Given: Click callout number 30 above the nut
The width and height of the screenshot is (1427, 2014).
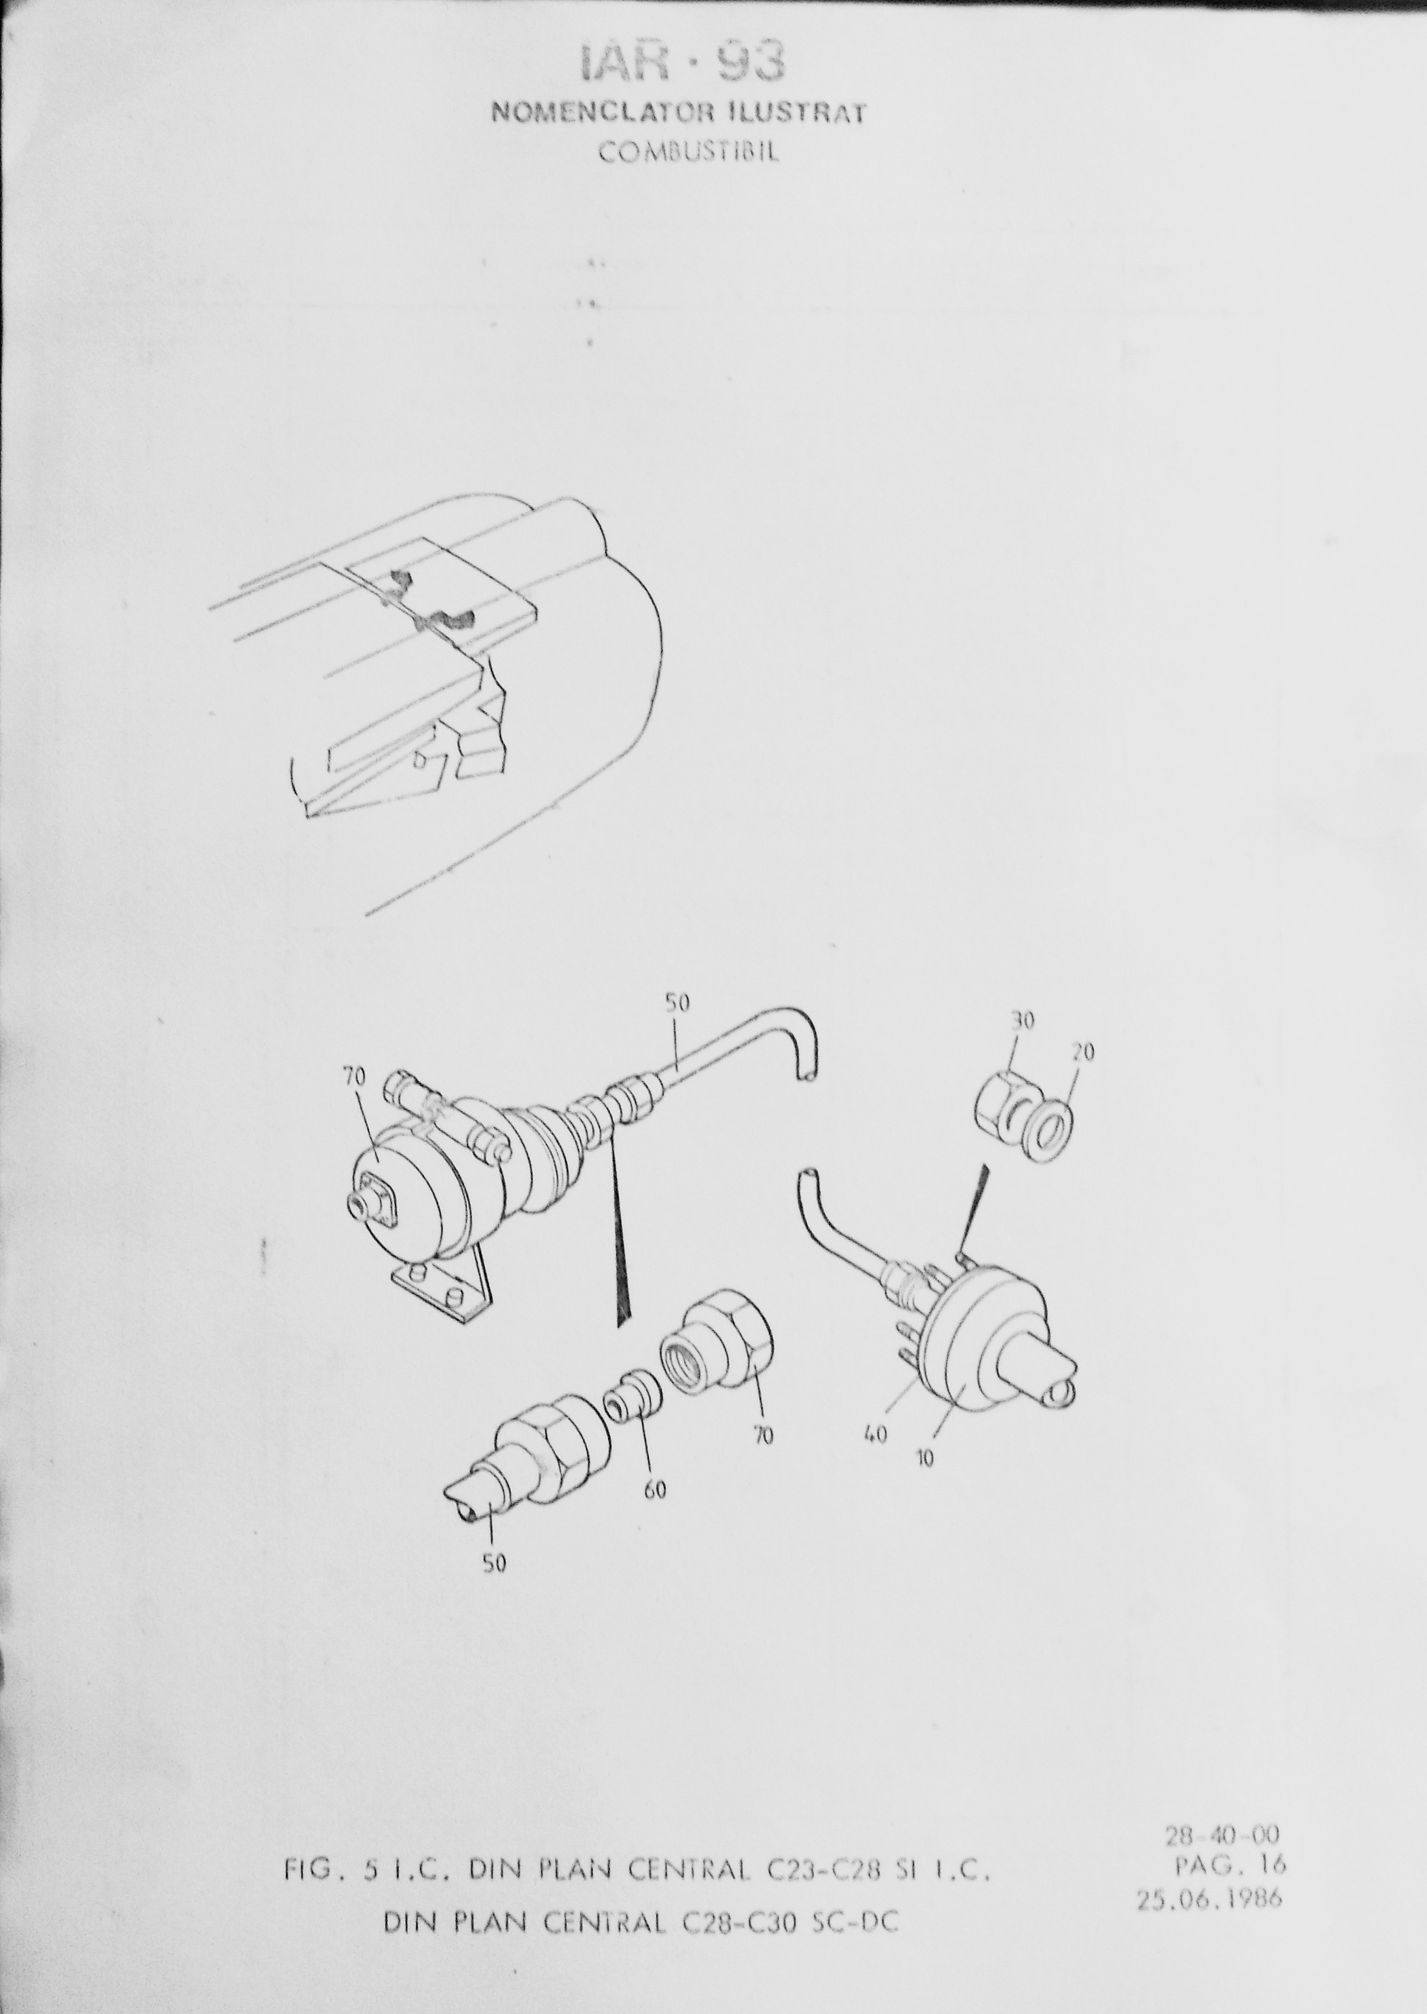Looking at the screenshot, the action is pyautogui.click(x=1024, y=1021).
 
